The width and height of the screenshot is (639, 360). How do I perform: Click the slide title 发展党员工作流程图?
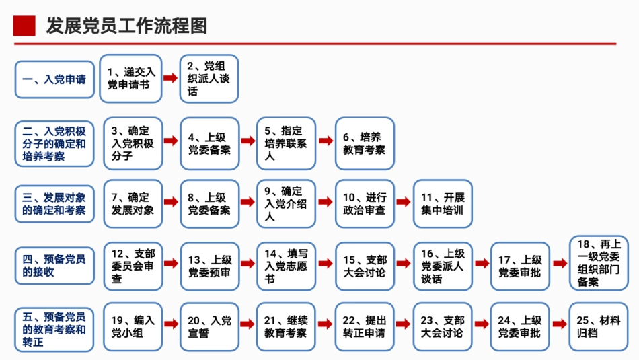126,26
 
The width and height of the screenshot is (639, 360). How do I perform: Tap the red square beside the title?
24,26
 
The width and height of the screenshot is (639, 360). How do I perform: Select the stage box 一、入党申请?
54,79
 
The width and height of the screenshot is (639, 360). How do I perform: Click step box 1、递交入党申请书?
131,78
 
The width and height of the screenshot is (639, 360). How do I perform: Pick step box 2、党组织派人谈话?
209,78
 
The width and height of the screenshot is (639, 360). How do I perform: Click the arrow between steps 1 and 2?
171,79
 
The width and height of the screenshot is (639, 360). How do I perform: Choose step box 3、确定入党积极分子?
133,143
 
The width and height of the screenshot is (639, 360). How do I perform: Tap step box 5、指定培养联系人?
287,143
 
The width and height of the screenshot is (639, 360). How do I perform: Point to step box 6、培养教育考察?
365,143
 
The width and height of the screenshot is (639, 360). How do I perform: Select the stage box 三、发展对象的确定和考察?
54,204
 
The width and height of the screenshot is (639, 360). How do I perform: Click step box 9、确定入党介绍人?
287,204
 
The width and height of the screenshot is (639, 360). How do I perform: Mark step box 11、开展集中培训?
443,204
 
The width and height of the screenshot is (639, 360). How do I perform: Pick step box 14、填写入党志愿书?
287,266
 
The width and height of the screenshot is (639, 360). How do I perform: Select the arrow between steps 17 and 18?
560,264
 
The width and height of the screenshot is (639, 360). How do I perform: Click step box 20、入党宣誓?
209,327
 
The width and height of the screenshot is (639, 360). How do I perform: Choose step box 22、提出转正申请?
365,327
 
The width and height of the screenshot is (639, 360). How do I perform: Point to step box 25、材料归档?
599,327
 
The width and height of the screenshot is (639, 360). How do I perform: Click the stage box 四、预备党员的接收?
54,266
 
